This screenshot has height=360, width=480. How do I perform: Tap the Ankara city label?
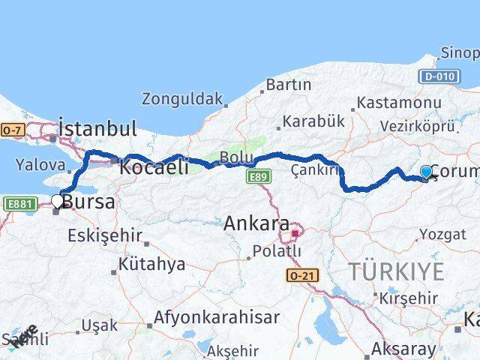256,223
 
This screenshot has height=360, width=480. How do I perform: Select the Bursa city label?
88,202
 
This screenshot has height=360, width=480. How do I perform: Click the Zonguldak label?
183,99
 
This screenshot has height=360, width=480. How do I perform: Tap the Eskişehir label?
105,235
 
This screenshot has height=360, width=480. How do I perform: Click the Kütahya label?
151,264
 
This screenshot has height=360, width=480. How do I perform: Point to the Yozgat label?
442,234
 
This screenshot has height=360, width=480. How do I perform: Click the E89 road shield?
259,174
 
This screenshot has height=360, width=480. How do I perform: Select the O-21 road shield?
301,276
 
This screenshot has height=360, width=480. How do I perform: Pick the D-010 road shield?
440,76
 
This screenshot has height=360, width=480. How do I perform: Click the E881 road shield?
20,202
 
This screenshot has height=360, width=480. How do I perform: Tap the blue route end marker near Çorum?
427,172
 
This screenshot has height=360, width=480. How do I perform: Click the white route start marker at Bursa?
57,200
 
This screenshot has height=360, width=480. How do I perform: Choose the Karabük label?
313,121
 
